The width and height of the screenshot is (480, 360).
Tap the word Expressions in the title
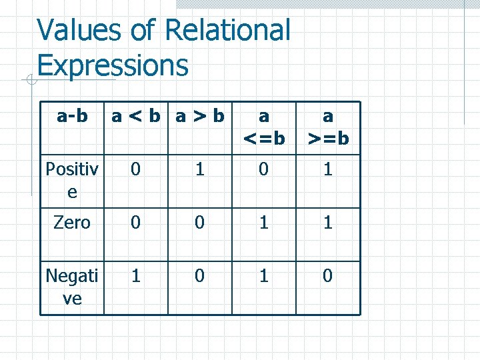coord(113,66)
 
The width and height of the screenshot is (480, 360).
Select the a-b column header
coord(72,116)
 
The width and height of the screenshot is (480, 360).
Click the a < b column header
coord(136,116)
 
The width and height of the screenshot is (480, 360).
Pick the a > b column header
coord(199,116)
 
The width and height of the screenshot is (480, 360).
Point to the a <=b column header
coord(264,127)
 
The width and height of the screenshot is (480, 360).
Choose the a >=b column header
coord(327,127)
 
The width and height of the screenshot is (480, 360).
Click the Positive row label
coord(72,180)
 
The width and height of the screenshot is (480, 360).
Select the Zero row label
coord(72,222)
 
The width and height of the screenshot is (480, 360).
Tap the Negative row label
coord(72,286)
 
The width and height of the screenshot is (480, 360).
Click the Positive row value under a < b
coord(136,169)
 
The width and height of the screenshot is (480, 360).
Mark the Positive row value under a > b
coord(199,169)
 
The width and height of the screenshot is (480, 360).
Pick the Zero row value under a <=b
coord(264,222)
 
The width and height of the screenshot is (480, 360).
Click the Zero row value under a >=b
coord(327,222)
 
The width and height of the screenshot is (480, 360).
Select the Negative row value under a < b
coord(136,275)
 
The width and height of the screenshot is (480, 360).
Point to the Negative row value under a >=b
coord(327,275)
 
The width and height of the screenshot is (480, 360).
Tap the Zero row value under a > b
coord(199,222)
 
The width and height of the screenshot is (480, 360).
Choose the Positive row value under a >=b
coord(327,169)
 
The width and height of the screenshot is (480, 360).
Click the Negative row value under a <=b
coord(264,275)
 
